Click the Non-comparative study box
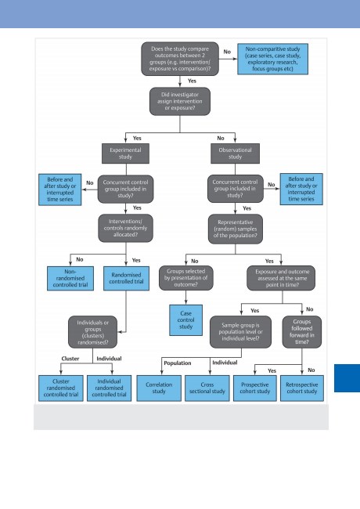coord(273,59)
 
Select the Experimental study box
coord(125,153)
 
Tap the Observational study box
coord(235,153)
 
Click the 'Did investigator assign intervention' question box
coord(180,101)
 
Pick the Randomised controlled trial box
coord(126,278)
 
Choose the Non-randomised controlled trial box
coord(70,278)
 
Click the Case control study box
coord(185,320)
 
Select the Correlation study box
coord(159,388)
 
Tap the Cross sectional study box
coord(207,388)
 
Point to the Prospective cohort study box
coord(255,388)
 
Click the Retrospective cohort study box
coord(302,388)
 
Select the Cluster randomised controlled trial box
coord(61,388)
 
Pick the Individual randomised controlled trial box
coord(109,388)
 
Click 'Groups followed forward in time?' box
coord(302,332)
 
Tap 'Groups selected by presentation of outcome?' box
coord(185,278)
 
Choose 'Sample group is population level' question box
coord(240,332)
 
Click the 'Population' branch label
coord(178,363)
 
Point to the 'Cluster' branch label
coord(70,359)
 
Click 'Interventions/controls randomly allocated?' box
coord(125,228)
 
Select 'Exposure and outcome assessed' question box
coord(281,278)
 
